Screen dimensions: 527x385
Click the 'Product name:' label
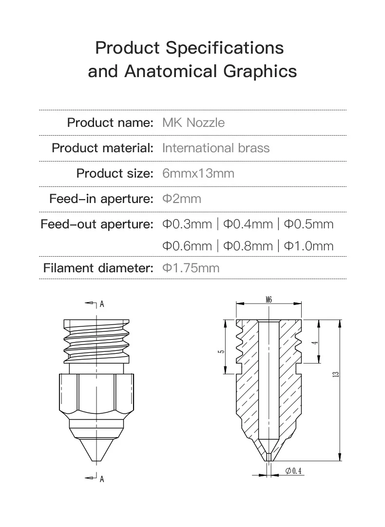[110, 122]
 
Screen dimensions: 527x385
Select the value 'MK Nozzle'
[193, 122]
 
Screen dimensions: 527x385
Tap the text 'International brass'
[215, 148]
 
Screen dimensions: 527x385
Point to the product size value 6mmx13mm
[198, 173]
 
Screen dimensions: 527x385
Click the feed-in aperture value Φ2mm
[181, 199]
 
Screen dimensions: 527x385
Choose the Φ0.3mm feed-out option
[187, 224]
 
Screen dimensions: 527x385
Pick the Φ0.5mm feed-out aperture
[308, 224]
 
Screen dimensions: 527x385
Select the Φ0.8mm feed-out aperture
[248, 246]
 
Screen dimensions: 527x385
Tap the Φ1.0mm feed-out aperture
[308, 246]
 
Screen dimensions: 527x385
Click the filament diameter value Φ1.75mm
[191, 268]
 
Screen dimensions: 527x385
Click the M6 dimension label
[269, 300]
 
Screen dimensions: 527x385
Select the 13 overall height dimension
[336, 374]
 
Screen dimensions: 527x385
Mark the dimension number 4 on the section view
[316, 342]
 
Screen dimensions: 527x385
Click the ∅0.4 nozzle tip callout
[294, 470]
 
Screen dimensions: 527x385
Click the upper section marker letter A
[102, 304]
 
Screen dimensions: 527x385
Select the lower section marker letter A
[102, 479]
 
